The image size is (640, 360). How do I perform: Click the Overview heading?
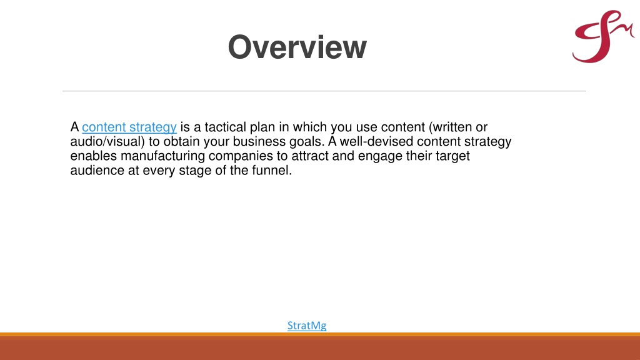[297, 47]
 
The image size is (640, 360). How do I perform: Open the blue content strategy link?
[129, 127]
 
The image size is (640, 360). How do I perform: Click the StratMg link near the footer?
[307, 325]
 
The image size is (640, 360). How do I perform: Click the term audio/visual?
[107, 141]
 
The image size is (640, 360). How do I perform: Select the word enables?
[94, 156]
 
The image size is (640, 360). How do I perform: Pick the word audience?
[97, 170]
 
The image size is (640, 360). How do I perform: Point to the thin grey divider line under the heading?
[324, 91]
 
